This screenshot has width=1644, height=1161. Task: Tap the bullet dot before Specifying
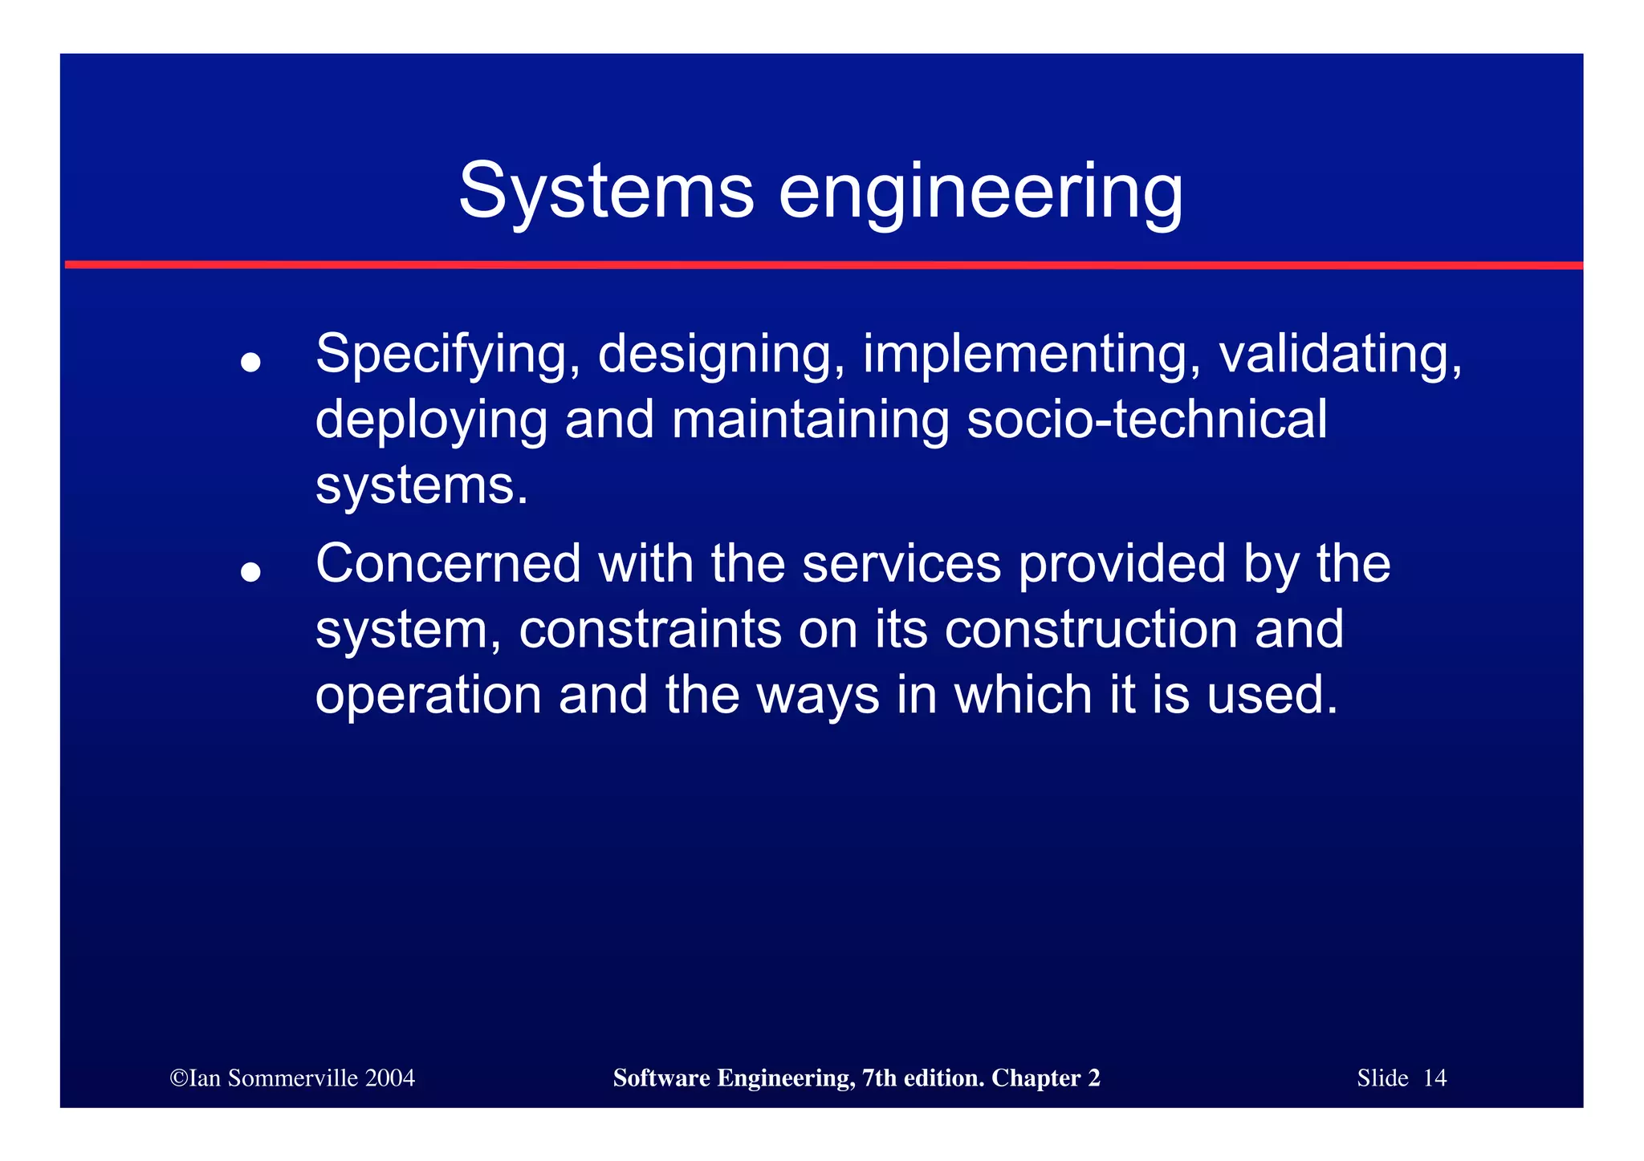click(x=251, y=362)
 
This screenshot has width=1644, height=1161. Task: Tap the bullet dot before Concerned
click(x=251, y=572)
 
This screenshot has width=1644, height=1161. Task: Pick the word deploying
click(x=431, y=421)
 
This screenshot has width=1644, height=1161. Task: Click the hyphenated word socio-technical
click(x=1146, y=420)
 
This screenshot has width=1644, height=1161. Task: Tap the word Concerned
click(x=448, y=563)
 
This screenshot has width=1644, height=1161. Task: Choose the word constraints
click(x=650, y=629)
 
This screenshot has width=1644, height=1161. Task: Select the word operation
click(x=428, y=695)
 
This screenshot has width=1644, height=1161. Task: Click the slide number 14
click(x=1434, y=1078)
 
